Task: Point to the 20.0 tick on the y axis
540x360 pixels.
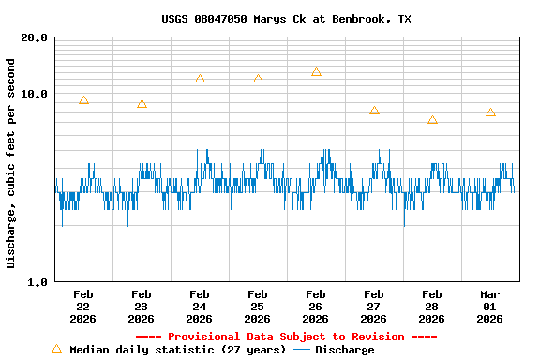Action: tap(36, 38)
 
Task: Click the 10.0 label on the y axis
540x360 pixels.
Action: tap(36, 95)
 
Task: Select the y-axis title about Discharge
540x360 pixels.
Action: tap(11, 163)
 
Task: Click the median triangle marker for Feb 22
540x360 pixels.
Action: tap(83, 100)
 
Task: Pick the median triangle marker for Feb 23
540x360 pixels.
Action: tap(142, 104)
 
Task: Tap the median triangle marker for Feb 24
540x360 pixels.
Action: tap(200, 79)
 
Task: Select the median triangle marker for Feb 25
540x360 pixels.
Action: tap(258, 79)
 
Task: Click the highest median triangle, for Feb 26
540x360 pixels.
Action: tap(316, 72)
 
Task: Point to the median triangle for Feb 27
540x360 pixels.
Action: tap(374, 111)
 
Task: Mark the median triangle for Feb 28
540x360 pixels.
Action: tap(432, 120)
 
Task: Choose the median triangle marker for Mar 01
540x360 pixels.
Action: tap(490, 112)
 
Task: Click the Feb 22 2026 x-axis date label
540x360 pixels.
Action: tap(83, 306)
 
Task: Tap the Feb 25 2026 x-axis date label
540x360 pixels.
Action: tap(258, 306)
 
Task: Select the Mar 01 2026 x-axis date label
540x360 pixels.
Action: tap(490, 306)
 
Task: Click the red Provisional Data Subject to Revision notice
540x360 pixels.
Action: tap(286, 337)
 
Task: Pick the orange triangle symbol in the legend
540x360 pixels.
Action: tap(56, 349)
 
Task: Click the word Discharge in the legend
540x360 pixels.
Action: tap(344, 350)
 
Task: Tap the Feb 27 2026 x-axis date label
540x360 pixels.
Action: tap(374, 306)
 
